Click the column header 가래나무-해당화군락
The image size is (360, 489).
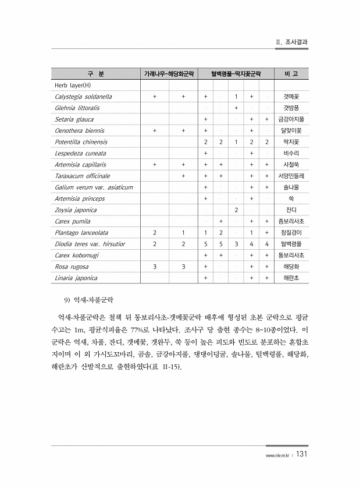(x=169, y=74)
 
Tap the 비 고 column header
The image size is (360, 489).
(x=291, y=74)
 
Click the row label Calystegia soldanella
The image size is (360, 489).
(x=83, y=97)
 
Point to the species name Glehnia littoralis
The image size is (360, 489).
(x=77, y=108)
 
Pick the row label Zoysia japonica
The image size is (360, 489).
(x=76, y=210)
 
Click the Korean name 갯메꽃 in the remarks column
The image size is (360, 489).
(x=291, y=97)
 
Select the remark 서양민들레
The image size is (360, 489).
(x=291, y=176)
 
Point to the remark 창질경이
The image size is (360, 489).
(x=291, y=232)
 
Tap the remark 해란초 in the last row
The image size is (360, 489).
(x=291, y=278)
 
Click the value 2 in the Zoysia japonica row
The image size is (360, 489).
(x=236, y=210)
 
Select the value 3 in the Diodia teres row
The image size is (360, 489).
(x=236, y=244)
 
